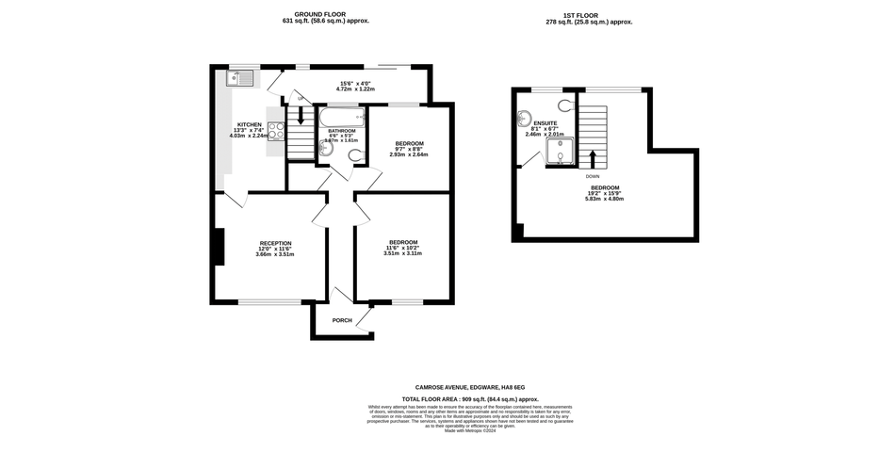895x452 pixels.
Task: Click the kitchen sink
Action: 242,77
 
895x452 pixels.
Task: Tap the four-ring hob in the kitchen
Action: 276,131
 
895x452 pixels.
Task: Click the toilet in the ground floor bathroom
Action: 354,154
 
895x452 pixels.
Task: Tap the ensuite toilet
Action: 565,105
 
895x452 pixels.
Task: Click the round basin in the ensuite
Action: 524,120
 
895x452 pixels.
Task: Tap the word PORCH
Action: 342,320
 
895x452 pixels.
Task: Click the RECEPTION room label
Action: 275,243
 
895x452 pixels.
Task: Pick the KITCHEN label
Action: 250,124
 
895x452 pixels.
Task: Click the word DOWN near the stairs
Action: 592,176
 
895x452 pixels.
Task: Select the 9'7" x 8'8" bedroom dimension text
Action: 409,149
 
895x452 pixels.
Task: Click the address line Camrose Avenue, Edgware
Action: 469,387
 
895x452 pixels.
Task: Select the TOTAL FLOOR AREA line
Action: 469,399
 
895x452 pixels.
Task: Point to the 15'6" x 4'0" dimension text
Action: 357,83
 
